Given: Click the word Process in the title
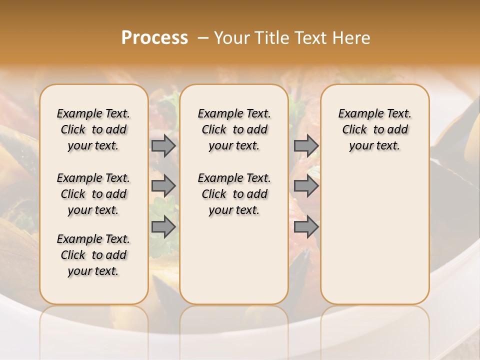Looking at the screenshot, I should (154, 38).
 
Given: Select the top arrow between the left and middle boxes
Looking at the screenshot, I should (163, 146).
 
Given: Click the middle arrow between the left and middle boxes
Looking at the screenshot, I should (163, 186).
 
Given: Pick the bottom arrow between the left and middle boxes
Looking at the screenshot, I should (163, 226).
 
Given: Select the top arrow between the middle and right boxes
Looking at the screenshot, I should (306, 146).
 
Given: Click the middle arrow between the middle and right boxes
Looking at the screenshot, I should (306, 186).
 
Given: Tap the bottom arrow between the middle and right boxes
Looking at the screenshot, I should (306, 226).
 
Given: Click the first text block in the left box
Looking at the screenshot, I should (93, 129).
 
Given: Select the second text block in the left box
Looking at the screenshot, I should (93, 194).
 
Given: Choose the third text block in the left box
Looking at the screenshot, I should (93, 255).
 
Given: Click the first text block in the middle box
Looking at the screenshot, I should (234, 129).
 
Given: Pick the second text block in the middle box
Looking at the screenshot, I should (234, 194).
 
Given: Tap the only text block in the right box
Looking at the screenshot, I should (374, 129).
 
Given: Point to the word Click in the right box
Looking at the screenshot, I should (354, 130).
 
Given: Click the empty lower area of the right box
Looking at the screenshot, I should (374, 235).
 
